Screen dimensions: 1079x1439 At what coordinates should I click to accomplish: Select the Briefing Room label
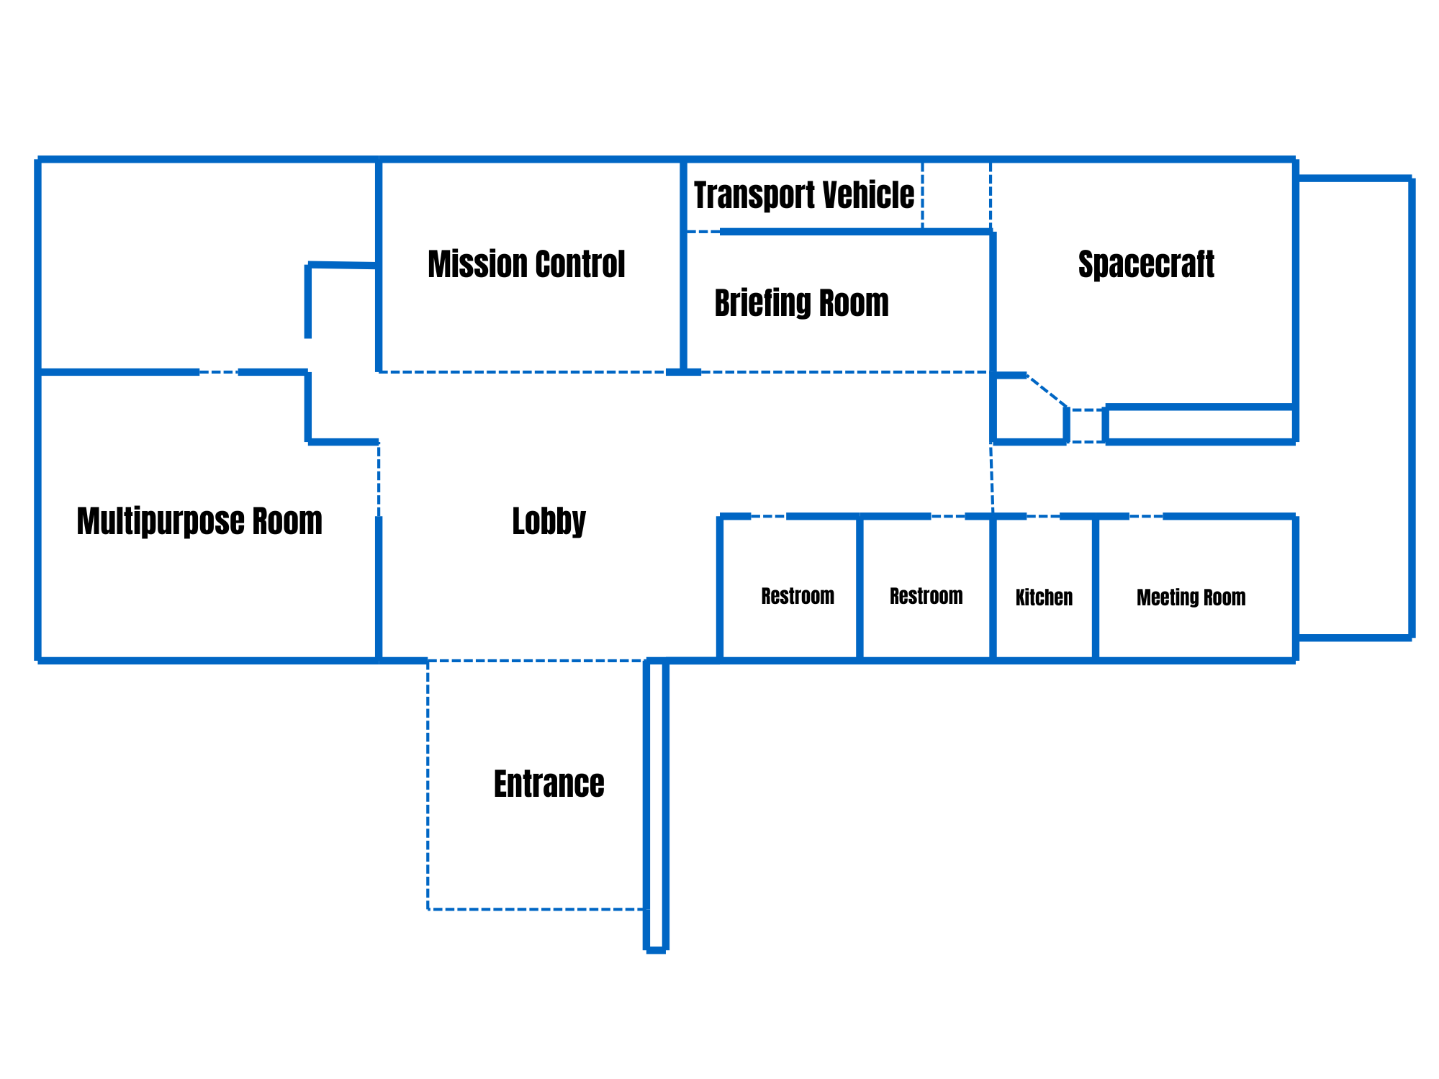(801, 303)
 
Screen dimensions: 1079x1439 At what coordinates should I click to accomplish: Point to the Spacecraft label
(1146, 264)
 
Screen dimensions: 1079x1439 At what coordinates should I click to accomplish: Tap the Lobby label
(549, 521)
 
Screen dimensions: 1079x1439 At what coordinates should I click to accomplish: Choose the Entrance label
(549, 784)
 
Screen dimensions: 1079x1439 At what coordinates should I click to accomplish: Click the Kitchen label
(1044, 597)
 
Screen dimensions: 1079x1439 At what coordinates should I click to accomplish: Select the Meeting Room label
(1191, 597)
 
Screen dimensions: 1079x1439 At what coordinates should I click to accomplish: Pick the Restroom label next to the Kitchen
(926, 596)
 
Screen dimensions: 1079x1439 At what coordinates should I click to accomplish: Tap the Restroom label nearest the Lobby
(797, 596)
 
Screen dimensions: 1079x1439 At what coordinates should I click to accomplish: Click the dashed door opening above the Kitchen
(1043, 516)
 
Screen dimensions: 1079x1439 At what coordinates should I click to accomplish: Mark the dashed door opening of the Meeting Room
(1146, 516)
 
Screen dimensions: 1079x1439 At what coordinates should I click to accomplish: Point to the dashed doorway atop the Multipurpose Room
(218, 372)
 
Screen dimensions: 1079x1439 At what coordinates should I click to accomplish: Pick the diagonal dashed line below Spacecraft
(1047, 392)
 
